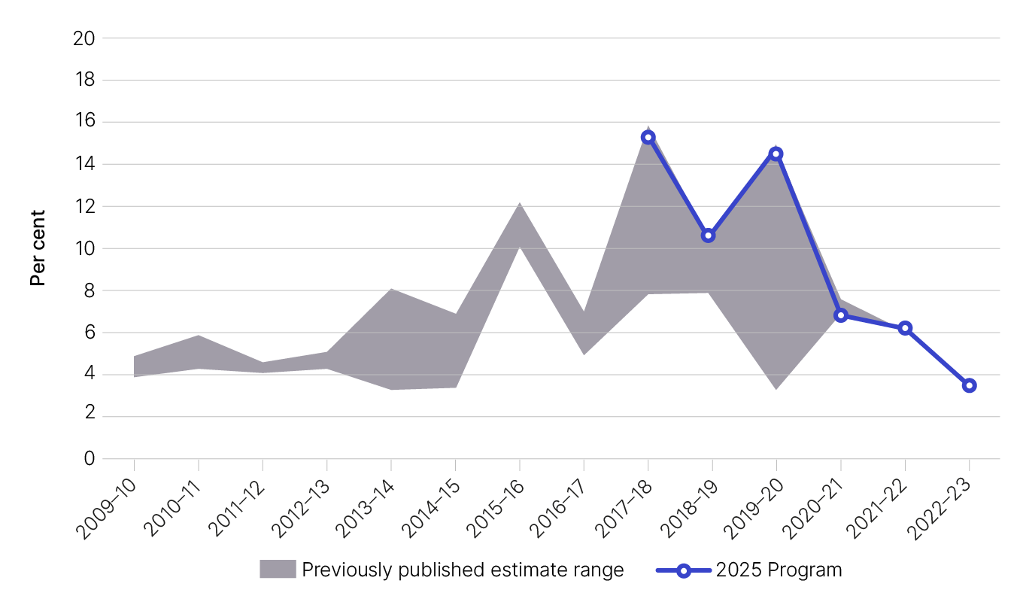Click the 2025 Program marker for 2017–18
[648, 137]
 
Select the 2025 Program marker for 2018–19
[708, 236]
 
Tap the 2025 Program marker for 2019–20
[776, 154]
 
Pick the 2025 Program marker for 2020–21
[841, 315]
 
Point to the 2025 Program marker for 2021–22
[905, 328]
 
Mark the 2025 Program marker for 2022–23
[970, 385]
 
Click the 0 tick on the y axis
[88, 458]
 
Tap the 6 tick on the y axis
[88, 333]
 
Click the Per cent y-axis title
[38, 248]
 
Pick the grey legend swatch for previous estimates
[278, 570]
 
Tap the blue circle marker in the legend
[683, 570]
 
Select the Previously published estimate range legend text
[463, 570]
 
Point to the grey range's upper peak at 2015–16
[519, 204]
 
